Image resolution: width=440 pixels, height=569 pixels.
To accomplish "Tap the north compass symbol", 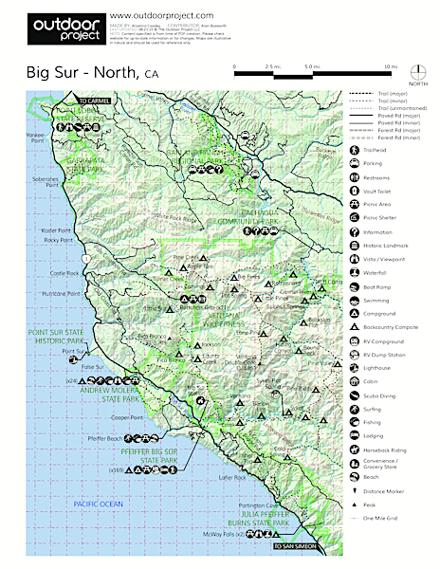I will tap(418, 75).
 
